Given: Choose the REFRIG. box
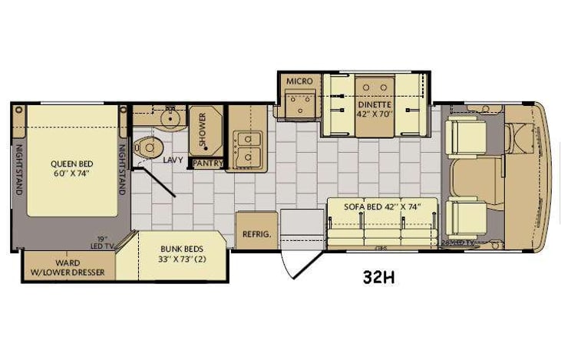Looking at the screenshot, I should (x=256, y=233).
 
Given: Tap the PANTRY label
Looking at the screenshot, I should (x=208, y=163).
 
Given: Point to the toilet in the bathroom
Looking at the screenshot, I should (x=146, y=147).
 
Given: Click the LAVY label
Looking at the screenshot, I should (x=172, y=160).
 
